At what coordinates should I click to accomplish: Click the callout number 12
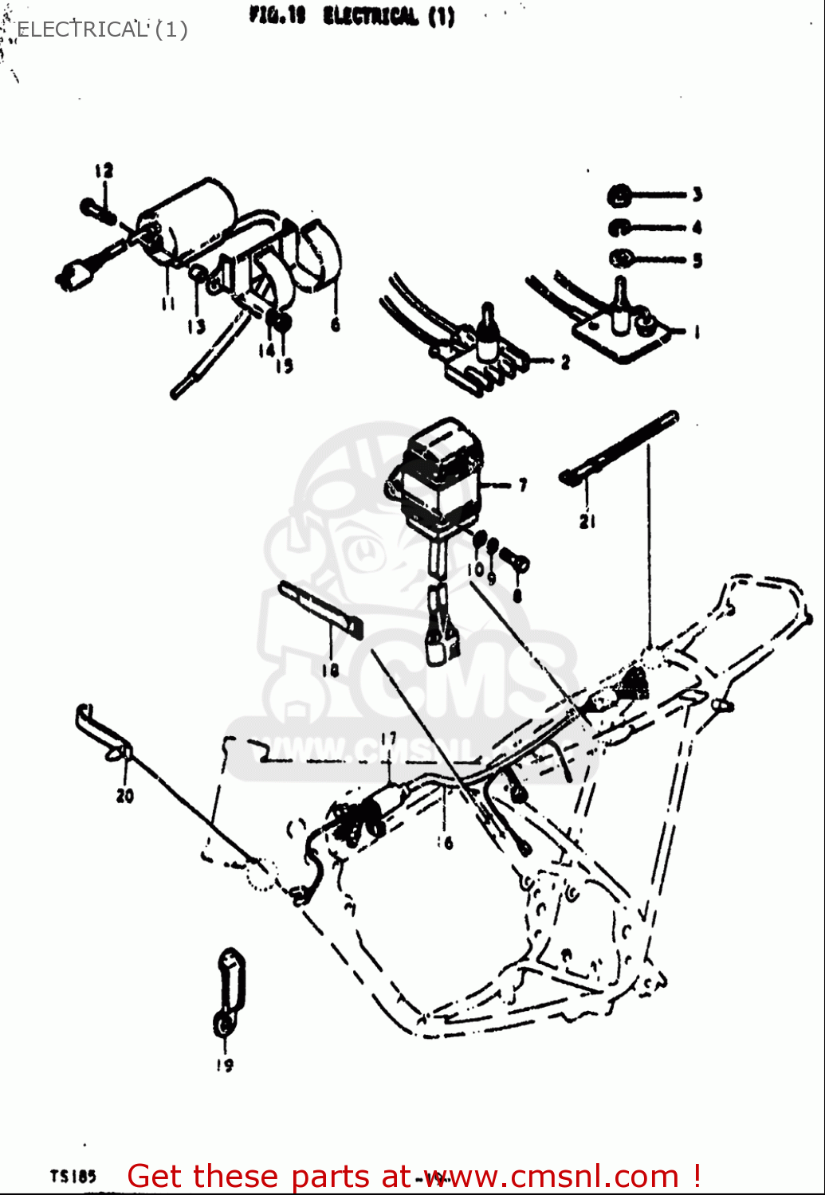tap(104, 170)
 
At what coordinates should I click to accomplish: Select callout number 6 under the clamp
tap(335, 324)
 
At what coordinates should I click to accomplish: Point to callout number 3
tap(697, 194)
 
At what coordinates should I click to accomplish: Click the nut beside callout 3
tap(619, 194)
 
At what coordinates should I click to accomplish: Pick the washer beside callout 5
tap(620, 259)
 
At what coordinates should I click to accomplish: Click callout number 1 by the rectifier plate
tap(697, 331)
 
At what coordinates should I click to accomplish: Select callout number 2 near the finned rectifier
tap(565, 362)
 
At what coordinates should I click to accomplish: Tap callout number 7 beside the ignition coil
tap(523, 484)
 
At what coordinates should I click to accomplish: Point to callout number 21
tap(587, 522)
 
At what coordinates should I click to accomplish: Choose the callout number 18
tap(330, 670)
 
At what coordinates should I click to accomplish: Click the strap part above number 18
tap(319, 609)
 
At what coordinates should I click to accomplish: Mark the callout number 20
tap(125, 795)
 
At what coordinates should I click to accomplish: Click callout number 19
tap(225, 1065)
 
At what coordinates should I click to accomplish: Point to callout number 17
tap(388, 739)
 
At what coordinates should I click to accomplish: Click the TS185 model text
tap(73, 1176)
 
